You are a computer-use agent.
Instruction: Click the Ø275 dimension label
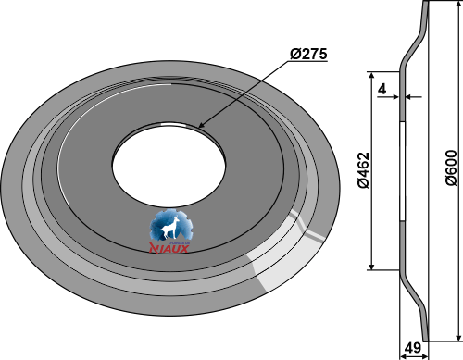pos(308,54)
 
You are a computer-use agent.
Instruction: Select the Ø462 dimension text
pos(364,170)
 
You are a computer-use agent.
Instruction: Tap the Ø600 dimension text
pos(451,168)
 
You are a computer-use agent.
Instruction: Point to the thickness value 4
pos(382,89)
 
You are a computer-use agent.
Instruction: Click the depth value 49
pos(412,348)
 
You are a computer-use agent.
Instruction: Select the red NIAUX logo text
pos(169,248)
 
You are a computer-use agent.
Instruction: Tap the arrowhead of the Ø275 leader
pos(201,125)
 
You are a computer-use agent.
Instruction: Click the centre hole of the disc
pos(169,165)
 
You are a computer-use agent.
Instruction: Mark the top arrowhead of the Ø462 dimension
pos(371,76)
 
